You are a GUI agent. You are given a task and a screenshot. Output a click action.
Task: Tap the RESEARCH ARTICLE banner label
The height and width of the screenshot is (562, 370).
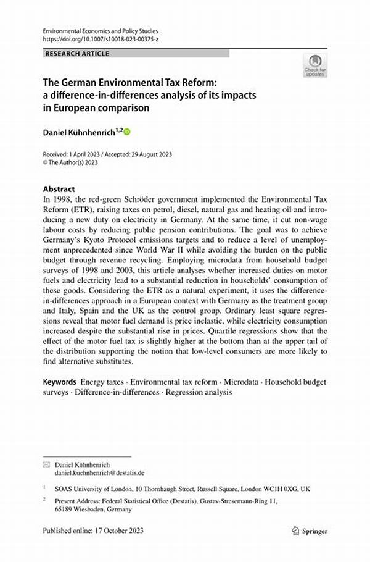[77, 54]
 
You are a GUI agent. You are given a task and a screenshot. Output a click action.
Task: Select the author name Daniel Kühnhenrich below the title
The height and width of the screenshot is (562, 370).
[80, 132]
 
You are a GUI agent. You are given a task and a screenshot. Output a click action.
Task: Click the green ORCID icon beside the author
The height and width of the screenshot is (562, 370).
[128, 132]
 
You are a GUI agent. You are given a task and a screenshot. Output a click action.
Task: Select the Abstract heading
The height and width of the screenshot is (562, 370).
[59, 189]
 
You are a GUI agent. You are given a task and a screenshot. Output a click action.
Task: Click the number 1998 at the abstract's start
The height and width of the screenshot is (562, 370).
[64, 199]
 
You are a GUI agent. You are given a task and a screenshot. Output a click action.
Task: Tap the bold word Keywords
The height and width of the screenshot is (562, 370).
[59, 382]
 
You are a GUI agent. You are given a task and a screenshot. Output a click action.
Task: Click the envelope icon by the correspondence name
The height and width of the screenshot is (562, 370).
[46, 463]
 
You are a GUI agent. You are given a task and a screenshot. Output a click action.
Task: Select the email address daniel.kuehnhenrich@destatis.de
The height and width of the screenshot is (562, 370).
[100, 472]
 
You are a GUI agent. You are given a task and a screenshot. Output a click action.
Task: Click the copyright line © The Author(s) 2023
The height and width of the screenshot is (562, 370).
[70, 162]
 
